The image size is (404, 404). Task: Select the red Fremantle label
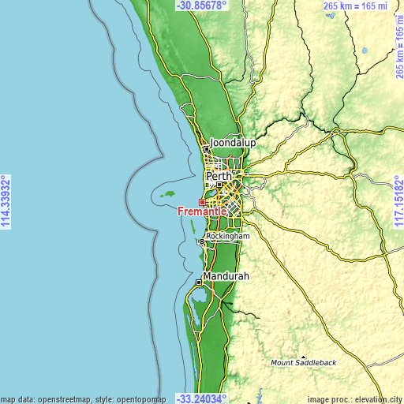tap(203, 211)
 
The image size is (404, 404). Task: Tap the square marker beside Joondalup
tap(207, 148)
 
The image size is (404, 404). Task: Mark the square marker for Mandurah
tap(198, 282)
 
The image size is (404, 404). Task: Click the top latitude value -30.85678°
tap(202, 6)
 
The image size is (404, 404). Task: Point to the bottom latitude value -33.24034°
tap(202, 398)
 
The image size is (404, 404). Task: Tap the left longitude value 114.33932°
tap(6, 202)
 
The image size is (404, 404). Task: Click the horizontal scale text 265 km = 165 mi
tap(357, 6)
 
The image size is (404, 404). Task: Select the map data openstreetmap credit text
tap(83, 398)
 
